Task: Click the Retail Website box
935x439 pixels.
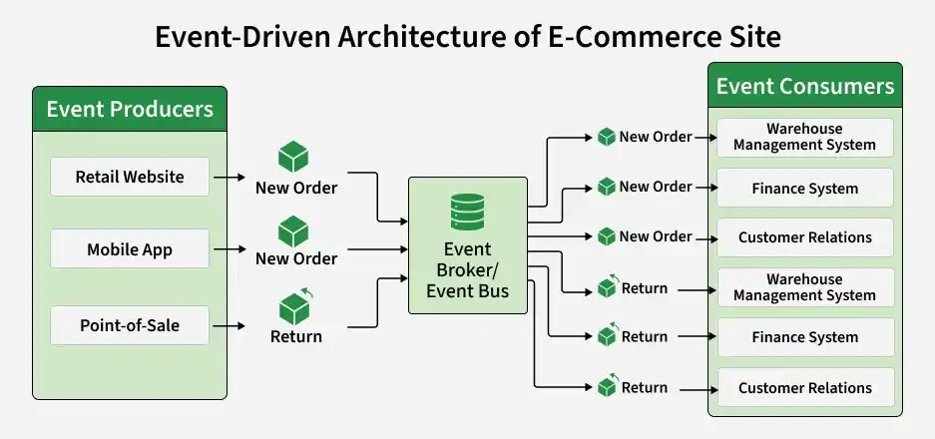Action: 130,177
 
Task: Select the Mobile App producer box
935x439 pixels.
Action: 130,248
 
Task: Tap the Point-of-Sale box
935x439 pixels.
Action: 130,325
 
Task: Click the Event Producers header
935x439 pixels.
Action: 130,109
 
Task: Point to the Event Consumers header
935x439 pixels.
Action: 805,86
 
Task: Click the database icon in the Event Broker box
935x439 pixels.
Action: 467,212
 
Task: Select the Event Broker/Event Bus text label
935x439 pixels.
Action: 467,269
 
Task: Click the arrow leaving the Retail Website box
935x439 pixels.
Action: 230,178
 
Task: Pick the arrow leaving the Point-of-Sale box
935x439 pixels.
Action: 230,325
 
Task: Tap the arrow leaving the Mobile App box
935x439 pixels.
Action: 230,248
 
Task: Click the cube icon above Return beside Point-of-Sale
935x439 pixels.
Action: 295,306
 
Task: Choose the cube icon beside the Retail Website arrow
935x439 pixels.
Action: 293,157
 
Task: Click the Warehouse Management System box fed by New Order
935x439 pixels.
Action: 805,138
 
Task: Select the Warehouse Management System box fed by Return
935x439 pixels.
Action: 805,287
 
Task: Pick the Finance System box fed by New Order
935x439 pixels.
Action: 805,188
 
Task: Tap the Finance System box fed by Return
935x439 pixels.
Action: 805,337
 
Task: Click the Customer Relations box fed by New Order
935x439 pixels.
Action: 805,237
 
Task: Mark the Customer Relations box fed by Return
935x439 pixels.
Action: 805,388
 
